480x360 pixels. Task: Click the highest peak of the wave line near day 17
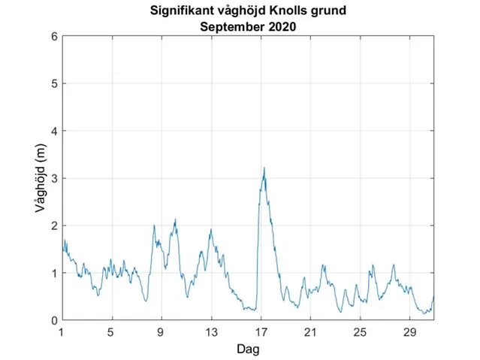(x=264, y=168)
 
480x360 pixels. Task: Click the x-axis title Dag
(x=248, y=349)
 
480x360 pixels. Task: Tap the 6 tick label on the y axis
(x=53, y=36)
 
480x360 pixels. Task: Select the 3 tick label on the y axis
(x=53, y=178)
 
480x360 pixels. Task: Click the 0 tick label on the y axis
(x=53, y=320)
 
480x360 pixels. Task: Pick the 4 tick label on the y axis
(x=53, y=131)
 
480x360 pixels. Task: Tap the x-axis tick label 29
(x=409, y=332)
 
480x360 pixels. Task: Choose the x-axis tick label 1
(x=62, y=332)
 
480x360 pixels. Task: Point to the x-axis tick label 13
(x=211, y=332)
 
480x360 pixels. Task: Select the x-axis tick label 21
(x=310, y=332)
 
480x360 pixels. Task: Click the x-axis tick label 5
(x=111, y=332)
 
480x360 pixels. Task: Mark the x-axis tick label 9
(x=162, y=332)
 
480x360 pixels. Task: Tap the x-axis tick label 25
(x=360, y=332)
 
